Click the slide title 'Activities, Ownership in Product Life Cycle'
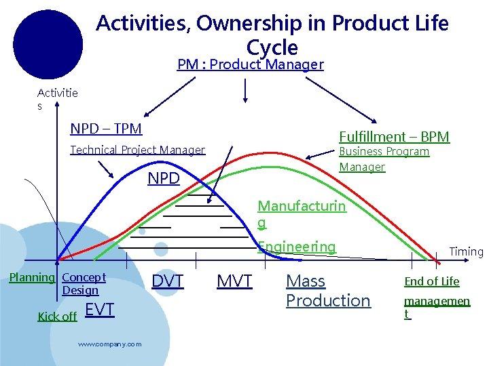click(272, 35)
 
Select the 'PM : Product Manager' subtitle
click(250, 65)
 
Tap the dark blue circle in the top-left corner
click(48, 45)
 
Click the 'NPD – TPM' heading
click(106, 129)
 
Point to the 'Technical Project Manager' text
click(137, 150)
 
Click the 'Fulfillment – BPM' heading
click(394, 137)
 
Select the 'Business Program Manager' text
click(384, 159)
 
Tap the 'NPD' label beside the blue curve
click(164, 179)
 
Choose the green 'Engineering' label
click(297, 247)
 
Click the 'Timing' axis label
click(466, 251)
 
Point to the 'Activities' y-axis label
click(57, 99)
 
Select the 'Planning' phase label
click(32, 277)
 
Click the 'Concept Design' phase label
click(84, 283)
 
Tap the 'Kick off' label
click(57, 317)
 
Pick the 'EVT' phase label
click(99, 310)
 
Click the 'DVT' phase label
click(167, 281)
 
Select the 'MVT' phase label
click(234, 281)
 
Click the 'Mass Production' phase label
click(328, 291)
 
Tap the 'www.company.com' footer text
click(109, 344)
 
